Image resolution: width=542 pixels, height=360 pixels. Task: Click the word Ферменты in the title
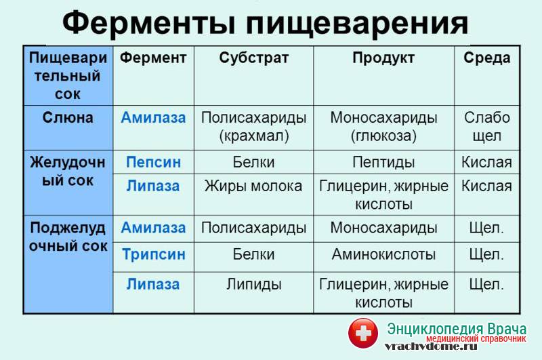pyautogui.click(x=149, y=24)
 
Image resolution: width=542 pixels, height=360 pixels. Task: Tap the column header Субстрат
pyautogui.click(x=253, y=58)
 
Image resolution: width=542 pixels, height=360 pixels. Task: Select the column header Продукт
pyautogui.click(x=383, y=58)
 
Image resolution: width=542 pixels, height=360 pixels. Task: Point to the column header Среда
pyautogui.click(x=486, y=58)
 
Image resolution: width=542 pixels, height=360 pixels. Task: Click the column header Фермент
pyautogui.click(x=153, y=58)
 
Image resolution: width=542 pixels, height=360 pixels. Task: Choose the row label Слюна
pyautogui.click(x=68, y=117)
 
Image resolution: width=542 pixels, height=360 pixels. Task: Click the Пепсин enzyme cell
pyautogui.click(x=154, y=162)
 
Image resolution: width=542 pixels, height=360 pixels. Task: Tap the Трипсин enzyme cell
pyautogui.click(x=154, y=255)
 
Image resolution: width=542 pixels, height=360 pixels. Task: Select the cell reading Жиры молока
pyautogui.click(x=253, y=186)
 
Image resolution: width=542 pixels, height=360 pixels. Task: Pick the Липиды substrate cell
pyautogui.click(x=253, y=285)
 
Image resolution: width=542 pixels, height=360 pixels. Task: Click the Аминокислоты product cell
pyautogui.click(x=383, y=254)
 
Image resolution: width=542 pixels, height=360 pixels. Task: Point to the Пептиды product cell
pyautogui.click(x=383, y=162)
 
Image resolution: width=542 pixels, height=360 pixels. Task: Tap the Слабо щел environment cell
pyautogui.click(x=486, y=127)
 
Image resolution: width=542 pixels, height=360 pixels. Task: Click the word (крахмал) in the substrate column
pyautogui.click(x=253, y=136)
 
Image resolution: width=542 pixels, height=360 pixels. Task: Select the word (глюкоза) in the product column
pyautogui.click(x=383, y=136)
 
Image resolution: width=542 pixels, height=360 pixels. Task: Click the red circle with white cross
pyautogui.click(x=363, y=333)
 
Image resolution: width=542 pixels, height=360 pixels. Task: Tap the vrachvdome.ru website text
pyautogui.click(x=431, y=346)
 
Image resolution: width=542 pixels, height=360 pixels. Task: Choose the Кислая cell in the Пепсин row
pyautogui.click(x=486, y=162)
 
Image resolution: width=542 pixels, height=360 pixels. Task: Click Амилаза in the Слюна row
pyautogui.click(x=153, y=117)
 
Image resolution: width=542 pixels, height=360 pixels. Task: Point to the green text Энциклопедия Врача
pyautogui.click(x=457, y=329)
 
